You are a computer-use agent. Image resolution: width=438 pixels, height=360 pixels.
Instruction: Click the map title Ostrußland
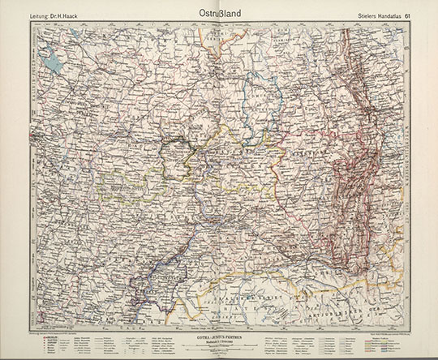pyautogui.click(x=219, y=13)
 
